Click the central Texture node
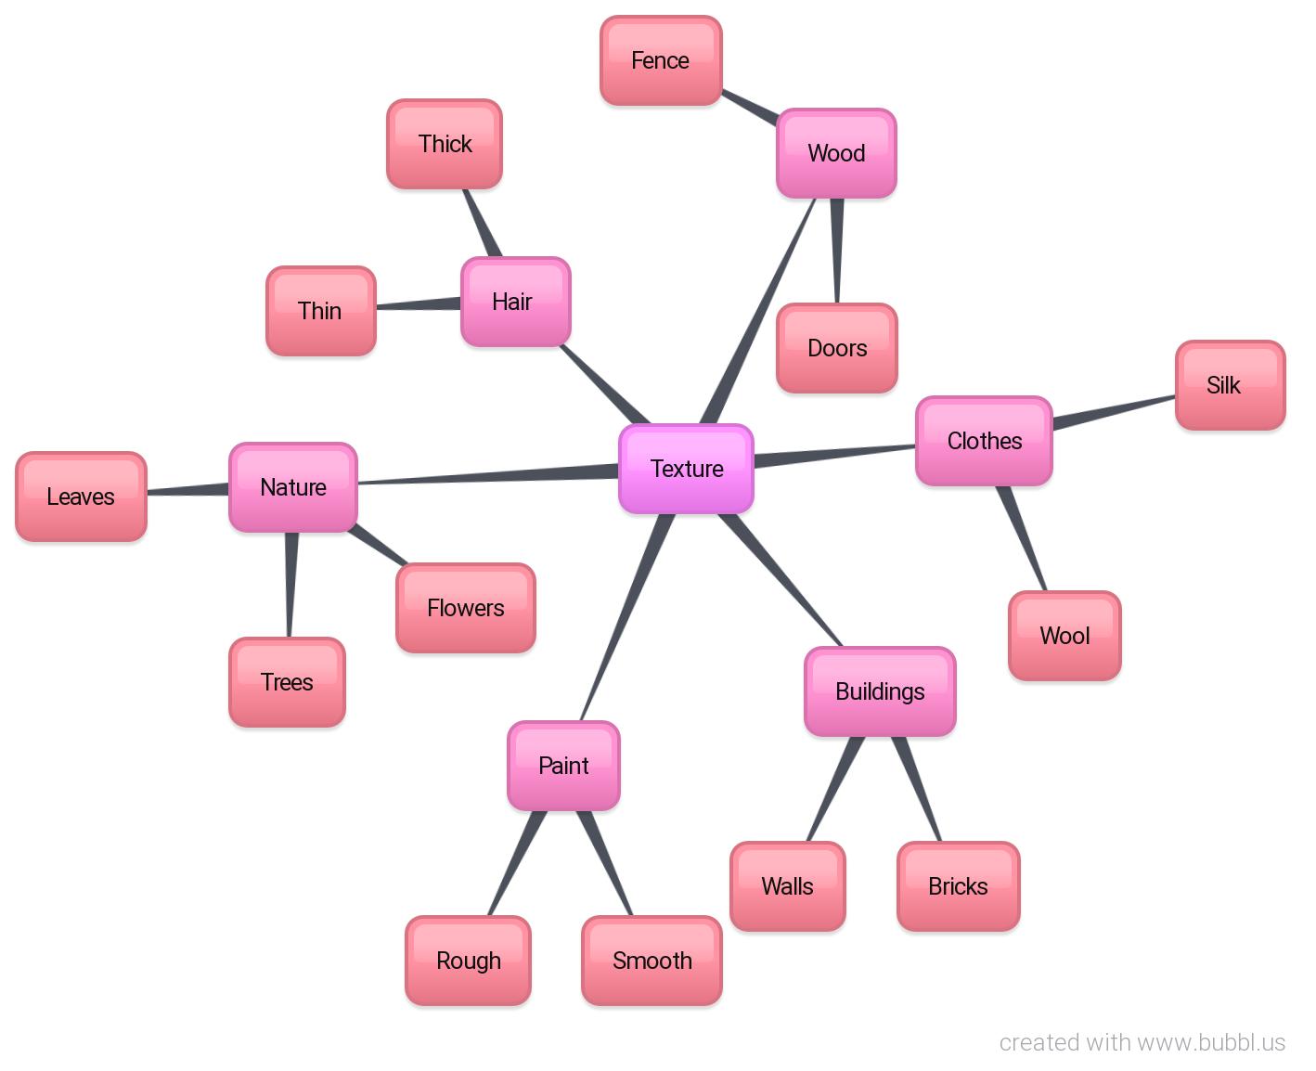point(686,469)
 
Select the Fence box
point(661,61)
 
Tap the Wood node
point(836,153)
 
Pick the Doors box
point(837,348)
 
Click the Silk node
point(1230,385)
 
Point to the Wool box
point(1064,636)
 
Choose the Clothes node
point(984,441)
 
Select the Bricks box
point(958,886)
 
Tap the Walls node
point(787,886)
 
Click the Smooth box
point(652,961)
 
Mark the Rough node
point(468,961)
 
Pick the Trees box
point(287,682)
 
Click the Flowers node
point(465,608)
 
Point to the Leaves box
point(81,497)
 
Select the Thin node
point(320,311)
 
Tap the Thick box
point(445,144)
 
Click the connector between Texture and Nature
point(487,477)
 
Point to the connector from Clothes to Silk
point(1114,412)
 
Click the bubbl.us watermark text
point(1142,1042)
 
